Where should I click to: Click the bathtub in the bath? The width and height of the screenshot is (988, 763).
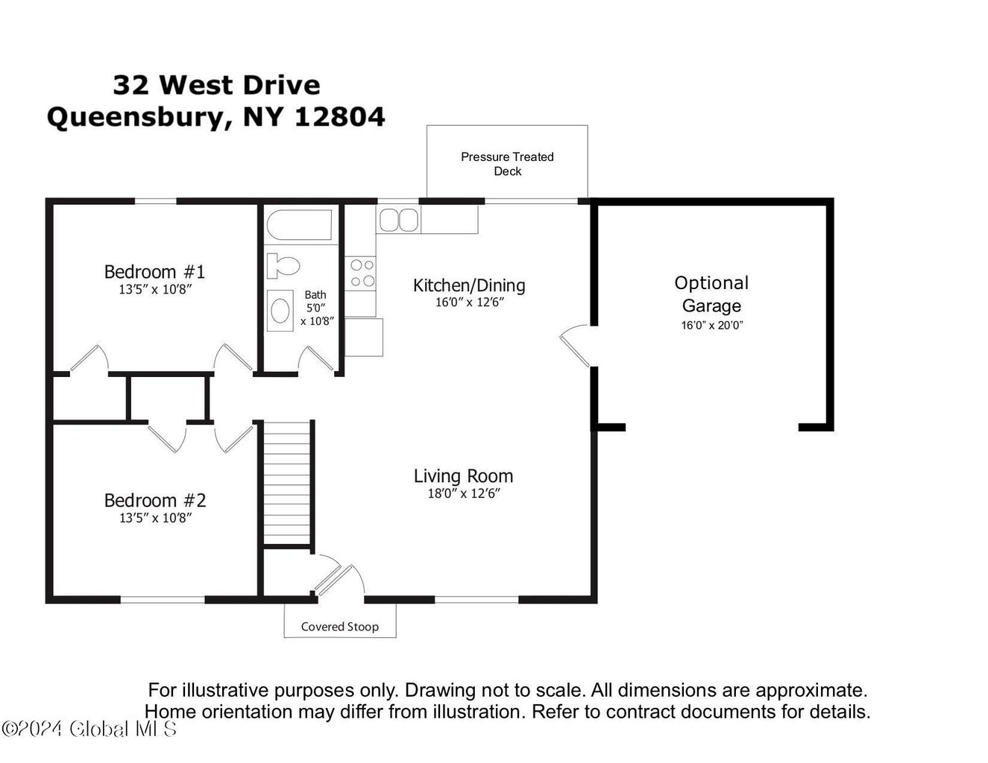[299, 224]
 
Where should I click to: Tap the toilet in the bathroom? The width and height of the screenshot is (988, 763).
[283, 266]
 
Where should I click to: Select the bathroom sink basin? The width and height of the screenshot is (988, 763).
[280, 311]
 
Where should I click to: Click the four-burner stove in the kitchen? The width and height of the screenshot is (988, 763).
[362, 273]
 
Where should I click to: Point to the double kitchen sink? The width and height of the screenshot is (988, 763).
[399, 221]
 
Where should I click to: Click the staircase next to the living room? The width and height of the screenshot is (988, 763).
[287, 483]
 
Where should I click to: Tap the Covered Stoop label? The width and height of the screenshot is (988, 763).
[339, 627]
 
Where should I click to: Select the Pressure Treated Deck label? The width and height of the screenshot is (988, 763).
[507, 164]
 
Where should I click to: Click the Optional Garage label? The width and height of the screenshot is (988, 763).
[711, 294]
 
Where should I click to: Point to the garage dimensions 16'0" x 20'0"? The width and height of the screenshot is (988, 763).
[711, 325]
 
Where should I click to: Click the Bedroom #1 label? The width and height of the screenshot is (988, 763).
[154, 271]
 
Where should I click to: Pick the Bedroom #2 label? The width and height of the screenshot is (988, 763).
[155, 500]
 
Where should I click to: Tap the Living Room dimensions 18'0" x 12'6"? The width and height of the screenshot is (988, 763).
[464, 494]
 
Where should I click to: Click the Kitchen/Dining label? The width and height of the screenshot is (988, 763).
[469, 285]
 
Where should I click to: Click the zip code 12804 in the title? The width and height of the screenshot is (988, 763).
[339, 117]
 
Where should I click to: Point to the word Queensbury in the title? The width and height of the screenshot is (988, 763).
[135, 118]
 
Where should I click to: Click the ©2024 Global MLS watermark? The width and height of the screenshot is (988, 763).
[89, 729]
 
